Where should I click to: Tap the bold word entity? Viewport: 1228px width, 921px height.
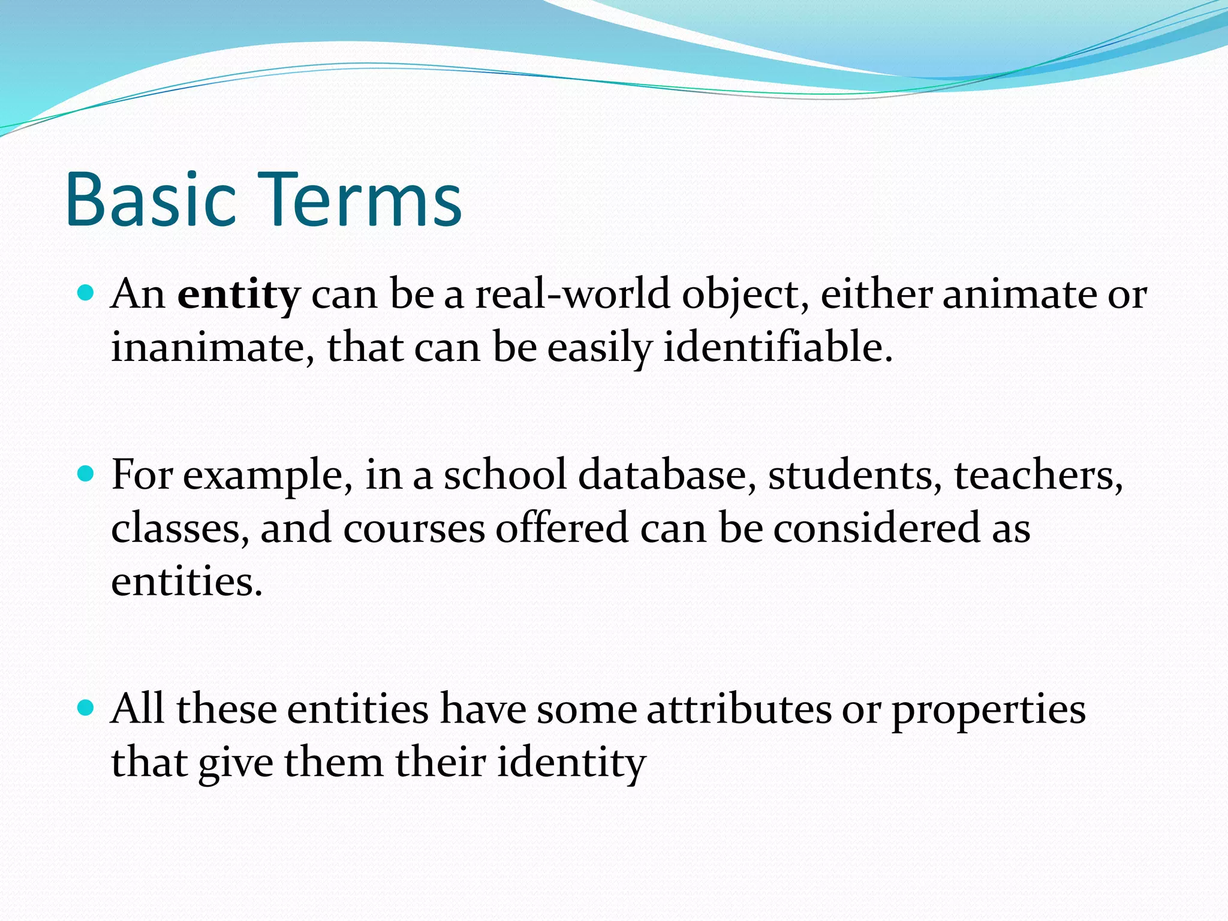(238, 295)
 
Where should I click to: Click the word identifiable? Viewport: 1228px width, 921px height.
(777, 347)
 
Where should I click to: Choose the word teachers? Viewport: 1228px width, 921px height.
(1038, 475)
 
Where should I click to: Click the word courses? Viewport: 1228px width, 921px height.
(414, 528)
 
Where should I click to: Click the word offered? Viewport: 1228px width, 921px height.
(562, 528)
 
